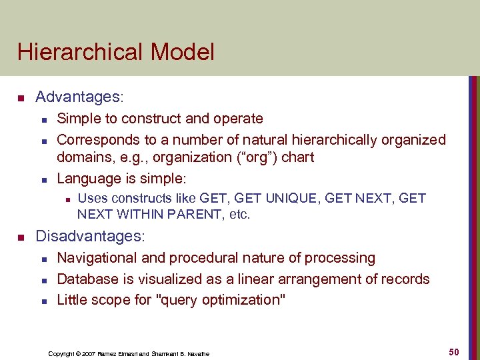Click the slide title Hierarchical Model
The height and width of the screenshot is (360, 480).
[116, 52]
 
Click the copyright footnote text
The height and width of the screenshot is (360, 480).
[129, 353]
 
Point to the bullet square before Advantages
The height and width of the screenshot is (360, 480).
[21, 99]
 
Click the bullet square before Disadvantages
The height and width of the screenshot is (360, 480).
[21, 237]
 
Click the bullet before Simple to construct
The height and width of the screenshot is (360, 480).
[43, 119]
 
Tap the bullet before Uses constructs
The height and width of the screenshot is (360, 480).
[65, 199]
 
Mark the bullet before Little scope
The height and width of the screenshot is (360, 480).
[43, 301]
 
